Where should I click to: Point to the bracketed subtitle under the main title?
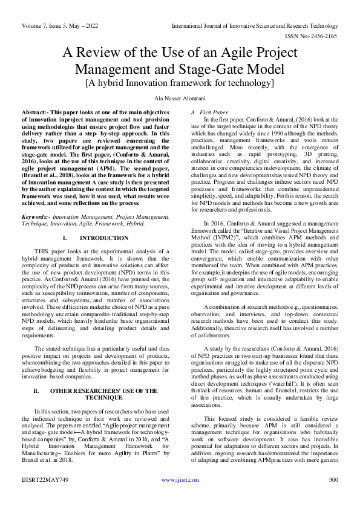pos(180,82)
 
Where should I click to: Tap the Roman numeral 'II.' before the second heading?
pos(36,391)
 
